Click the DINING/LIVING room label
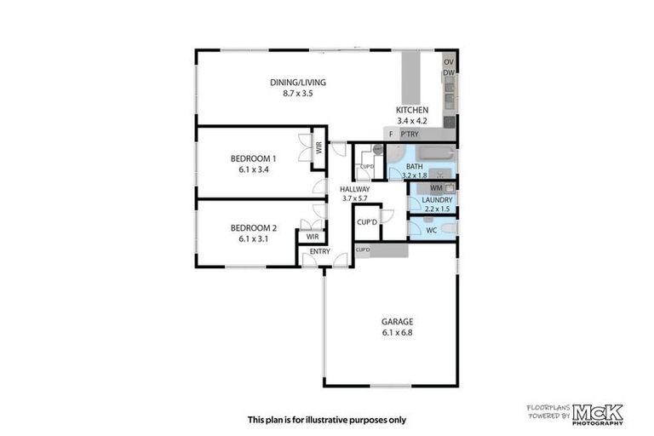[x=298, y=82]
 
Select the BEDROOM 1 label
[x=254, y=158]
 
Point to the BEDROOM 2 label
[x=254, y=227]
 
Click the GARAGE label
[x=397, y=322]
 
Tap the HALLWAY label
[x=354, y=189]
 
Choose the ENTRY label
[x=319, y=251]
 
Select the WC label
[x=431, y=230]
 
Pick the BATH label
[x=415, y=166]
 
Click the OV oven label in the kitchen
[x=449, y=62]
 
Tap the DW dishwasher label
[x=448, y=74]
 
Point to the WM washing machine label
[x=436, y=186]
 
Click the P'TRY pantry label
[x=410, y=135]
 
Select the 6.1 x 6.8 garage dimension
[x=397, y=332]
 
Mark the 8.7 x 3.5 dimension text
[x=298, y=92]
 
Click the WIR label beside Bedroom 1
[x=318, y=146]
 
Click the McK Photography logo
[x=598, y=413]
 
